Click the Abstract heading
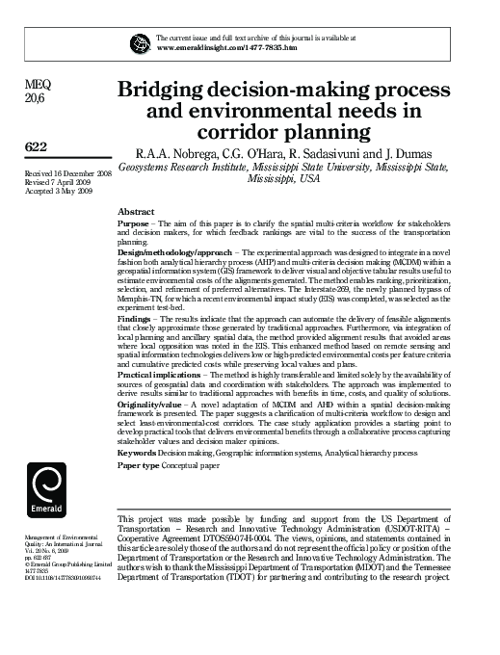(135, 210)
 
